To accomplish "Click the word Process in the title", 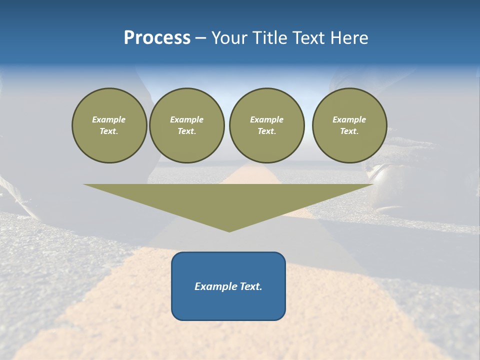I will pyautogui.click(x=157, y=38).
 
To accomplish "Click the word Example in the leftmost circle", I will pyautogui.click(x=109, y=119).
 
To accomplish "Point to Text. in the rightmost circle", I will pyautogui.click(x=349, y=131).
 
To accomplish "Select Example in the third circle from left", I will pyautogui.click(x=266, y=119).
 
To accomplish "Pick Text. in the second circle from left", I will pyautogui.click(x=186, y=131).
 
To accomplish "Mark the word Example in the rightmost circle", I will pyautogui.click(x=349, y=119).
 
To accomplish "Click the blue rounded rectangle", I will pyautogui.click(x=228, y=305).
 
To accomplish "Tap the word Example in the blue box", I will pyautogui.click(x=215, y=286).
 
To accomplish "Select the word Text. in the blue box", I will pyautogui.click(x=250, y=286).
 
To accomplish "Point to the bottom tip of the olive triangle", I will pyautogui.click(x=229, y=231).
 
